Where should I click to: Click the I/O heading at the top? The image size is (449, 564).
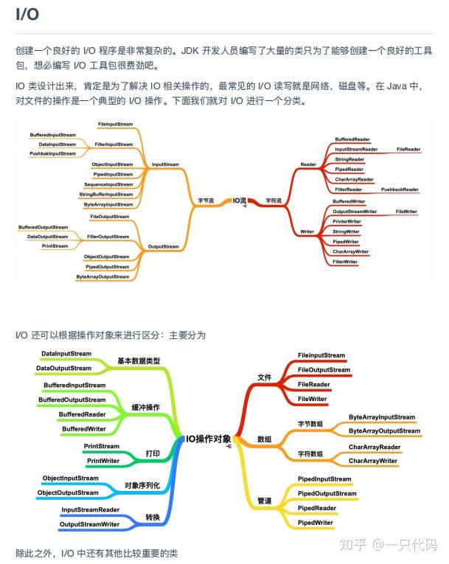pos(27,15)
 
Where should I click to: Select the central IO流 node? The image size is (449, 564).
pos(240,200)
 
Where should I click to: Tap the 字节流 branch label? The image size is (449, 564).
pos(205,200)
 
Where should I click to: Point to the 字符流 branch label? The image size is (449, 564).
pos(274,200)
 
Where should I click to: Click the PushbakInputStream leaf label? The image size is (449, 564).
pos(52,153)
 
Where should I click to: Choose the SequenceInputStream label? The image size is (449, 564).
pos(108,184)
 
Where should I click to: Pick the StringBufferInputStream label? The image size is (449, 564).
pos(106,194)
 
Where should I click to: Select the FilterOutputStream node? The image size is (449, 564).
pos(108,237)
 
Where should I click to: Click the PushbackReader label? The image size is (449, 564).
pos(400,189)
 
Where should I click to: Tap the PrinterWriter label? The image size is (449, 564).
pos(347,221)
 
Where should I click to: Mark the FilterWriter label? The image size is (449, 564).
pos(344,262)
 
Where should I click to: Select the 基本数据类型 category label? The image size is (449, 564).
pos(139,361)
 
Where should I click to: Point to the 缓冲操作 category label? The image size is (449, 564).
pos(146,407)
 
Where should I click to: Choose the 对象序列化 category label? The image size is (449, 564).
pos(142,484)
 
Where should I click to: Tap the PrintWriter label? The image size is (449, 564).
pos(103,461)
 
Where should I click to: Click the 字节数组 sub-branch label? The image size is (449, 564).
pos(310,424)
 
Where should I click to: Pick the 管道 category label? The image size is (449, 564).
pos(264,501)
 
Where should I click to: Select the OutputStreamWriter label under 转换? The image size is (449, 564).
pos(89,524)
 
